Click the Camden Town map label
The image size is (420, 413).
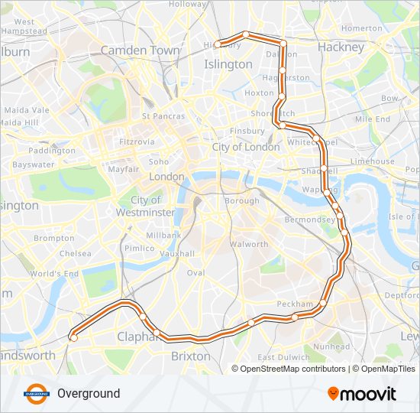pos(141,50)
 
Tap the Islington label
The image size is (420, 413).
pos(228,64)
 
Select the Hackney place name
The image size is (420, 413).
pos(341,47)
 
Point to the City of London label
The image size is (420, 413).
pos(246,147)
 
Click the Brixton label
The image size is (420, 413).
pos(191,356)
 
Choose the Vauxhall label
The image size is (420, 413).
pos(179,253)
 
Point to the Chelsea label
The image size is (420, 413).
pos(75,253)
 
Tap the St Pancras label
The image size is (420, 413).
pos(163,116)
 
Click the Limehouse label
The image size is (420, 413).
pos(373,161)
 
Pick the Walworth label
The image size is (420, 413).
pos(249,245)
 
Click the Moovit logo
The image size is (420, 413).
pos(362,394)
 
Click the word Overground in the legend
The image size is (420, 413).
pos(89,394)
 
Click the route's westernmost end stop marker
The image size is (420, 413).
pos(73,337)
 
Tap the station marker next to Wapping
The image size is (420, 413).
pos(327,191)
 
